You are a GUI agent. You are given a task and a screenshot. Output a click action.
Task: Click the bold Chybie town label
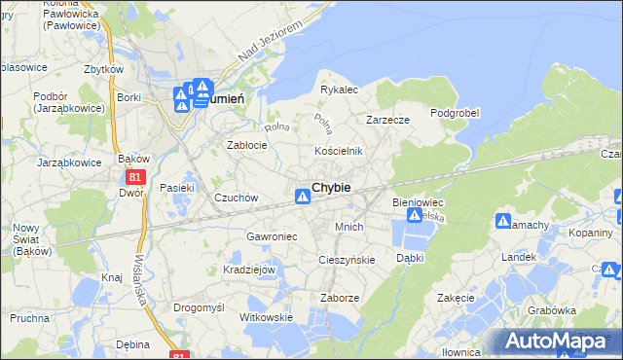tap(331, 187)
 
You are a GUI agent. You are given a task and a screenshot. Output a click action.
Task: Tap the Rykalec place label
tap(340, 90)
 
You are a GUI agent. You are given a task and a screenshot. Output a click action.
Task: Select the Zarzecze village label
tap(387, 120)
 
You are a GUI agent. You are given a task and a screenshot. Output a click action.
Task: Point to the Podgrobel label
tap(455, 113)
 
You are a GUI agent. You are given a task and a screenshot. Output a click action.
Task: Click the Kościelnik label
tap(338, 151)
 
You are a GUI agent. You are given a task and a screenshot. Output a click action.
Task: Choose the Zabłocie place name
tap(247, 145)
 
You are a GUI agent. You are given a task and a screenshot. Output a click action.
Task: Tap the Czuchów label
tap(236, 198)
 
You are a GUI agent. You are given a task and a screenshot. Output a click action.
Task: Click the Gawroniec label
tap(271, 236)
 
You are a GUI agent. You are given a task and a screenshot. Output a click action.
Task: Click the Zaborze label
tap(340, 299)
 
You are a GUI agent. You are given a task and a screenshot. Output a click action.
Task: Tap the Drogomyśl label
tap(199, 306)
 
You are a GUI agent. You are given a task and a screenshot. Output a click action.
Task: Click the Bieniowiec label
tap(418, 201)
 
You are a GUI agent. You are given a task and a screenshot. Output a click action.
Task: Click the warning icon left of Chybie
tap(303, 198)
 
